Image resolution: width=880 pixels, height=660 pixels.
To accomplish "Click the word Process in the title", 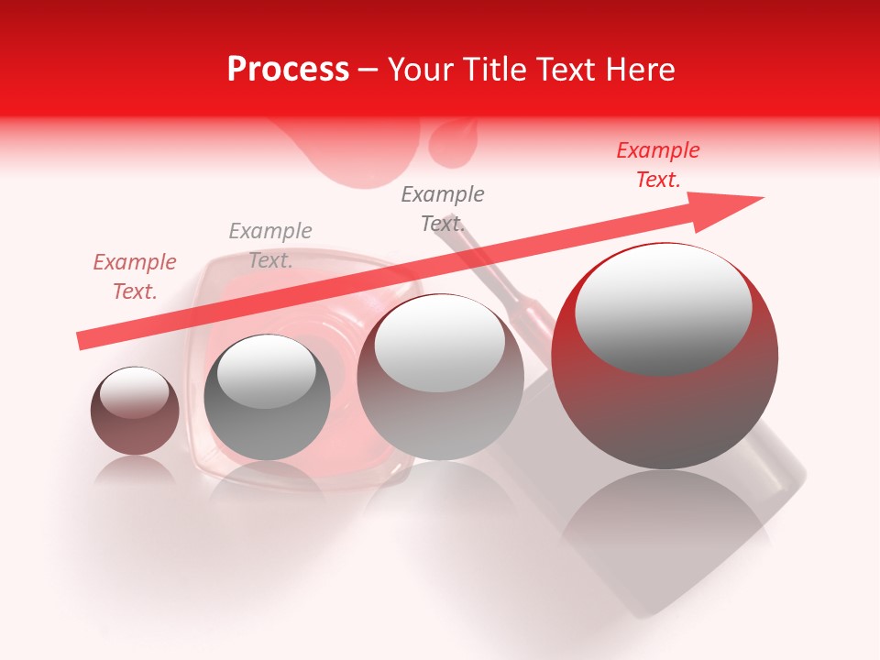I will [x=288, y=70].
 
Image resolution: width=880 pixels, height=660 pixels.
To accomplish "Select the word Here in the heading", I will [x=639, y=70].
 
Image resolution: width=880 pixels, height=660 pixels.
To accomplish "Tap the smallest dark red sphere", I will [x=135, y=412].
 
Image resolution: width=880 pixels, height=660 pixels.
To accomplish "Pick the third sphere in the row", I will [x=440, y=378].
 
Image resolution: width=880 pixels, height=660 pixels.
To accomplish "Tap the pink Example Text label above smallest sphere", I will [x=135, y=277].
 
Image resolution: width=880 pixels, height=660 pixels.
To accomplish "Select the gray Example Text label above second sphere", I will [x=270, y=246].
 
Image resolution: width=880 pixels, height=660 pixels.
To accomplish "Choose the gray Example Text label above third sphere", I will [x=443, y=208].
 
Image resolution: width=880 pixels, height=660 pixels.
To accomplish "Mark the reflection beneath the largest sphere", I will [x=666, y=522].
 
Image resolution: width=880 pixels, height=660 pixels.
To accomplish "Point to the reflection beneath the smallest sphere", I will [x=135, y=469].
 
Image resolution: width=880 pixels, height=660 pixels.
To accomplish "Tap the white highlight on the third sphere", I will [x=439, y=344].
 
